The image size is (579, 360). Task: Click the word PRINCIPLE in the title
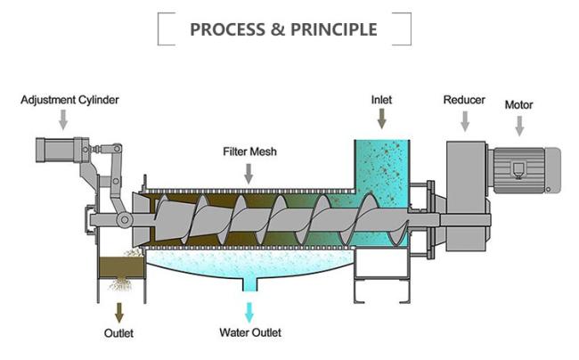(x=330, y=29)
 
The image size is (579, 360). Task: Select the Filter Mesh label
(x=249, y=151)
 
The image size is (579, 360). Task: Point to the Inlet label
(x=381, y=100)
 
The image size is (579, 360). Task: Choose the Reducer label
(x=464, y=100)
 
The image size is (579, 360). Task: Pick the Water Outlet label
(x=250, y=333)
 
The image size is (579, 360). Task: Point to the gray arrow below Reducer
(x=464, y=121)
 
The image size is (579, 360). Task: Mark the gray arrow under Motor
(x=519, y=126)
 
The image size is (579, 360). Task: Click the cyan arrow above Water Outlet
(x=250, y=312)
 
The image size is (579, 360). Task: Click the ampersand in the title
(x=278, y=29)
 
